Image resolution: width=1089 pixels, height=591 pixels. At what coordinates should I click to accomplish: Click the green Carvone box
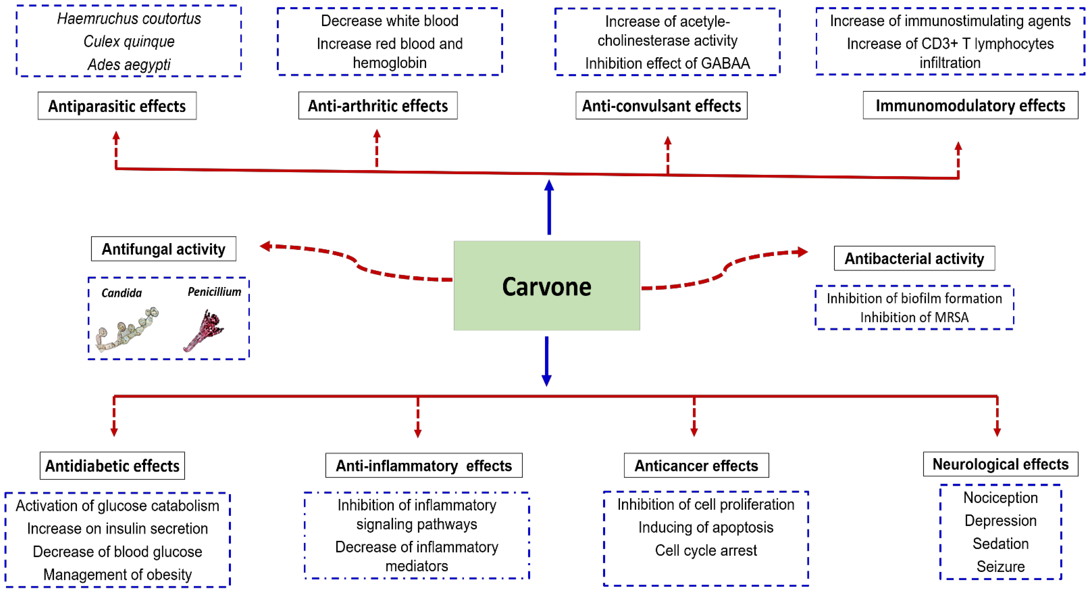[x=547, y=286]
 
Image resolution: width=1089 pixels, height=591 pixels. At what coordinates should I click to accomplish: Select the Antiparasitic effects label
[x=117, y=106]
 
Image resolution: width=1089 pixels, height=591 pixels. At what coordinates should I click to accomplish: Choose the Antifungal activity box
[x=164, y=249]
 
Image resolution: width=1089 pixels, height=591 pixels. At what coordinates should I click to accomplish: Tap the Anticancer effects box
[x=696, y=465]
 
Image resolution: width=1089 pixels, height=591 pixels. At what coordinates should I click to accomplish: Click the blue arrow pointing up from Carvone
[x=549, y=207]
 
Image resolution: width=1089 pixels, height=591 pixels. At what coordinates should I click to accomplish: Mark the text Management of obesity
[x=118, y=574]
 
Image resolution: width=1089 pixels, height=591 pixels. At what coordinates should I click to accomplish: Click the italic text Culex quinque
[x=129, y=41]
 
